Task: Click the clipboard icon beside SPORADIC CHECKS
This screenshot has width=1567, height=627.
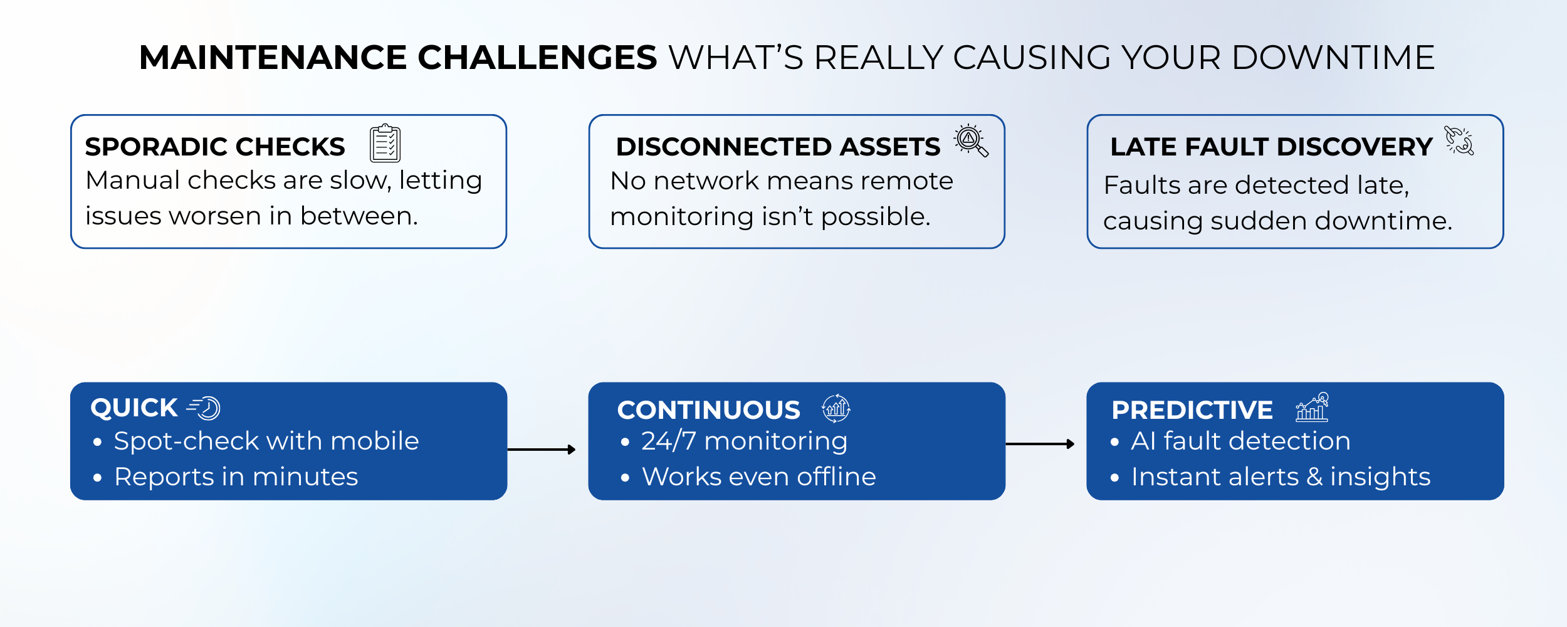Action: (x=385, y=143)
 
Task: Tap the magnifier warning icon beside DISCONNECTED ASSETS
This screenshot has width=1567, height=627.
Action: (x=971, y=140)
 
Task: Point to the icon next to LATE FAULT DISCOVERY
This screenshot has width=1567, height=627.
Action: (x=1459, y=140)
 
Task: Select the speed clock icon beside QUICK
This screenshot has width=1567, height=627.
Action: (x=204, y=408)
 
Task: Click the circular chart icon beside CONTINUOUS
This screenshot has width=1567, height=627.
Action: (x=836, y=409)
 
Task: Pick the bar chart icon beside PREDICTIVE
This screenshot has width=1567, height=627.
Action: (x=1312, y=407)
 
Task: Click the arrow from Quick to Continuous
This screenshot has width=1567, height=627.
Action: (x=542, y=450)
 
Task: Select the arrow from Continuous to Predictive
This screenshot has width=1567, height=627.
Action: (x=1040, y=444)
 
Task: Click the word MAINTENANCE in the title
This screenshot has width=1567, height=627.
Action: (x=273, y=58)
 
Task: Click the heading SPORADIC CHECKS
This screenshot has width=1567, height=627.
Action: (x=215, y=147)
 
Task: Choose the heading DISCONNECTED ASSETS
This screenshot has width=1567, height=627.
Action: (x=778, y=147)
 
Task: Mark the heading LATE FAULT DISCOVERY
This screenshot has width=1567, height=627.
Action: (x=1271, y=147)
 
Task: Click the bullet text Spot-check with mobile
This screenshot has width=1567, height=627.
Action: (x=266, y=441)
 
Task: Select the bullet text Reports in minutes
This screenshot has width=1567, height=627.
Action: (x=236, y=477)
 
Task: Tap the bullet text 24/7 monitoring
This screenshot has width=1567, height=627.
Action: (x=745, y=441)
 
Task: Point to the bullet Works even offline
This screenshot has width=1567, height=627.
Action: (x=759, y=477)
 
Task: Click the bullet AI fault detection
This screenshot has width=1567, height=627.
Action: (x=1241, y=441)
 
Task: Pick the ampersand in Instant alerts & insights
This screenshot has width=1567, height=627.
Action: (x=1314, y=477)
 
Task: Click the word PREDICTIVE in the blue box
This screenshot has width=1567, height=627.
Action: (x=1192, y=410)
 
